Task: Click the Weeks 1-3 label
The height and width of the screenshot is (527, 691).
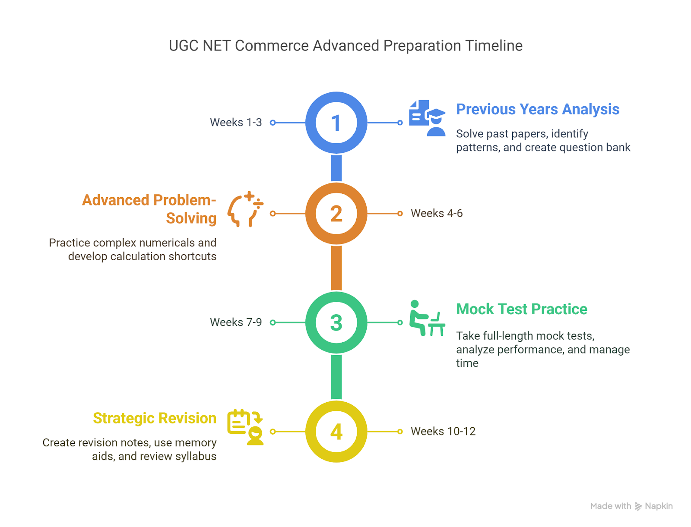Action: click(236, 123)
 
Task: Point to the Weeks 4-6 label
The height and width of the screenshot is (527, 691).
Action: click(437, 213)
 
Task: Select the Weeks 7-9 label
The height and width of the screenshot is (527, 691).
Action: click(236, 322)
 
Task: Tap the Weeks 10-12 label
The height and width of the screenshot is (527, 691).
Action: click(443, 431)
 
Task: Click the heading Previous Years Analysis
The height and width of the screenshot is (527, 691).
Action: click(538, 110)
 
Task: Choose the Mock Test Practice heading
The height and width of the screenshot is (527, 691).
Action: click(522, 309)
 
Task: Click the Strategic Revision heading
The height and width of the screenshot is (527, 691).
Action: click(155, 419)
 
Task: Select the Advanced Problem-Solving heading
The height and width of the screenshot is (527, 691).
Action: click(149, 209)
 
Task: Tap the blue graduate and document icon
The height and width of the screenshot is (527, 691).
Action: click(427, 118)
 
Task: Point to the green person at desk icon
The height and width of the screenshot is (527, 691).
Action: click(427, 318)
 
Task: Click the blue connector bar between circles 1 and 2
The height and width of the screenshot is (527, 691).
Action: click(336, 168)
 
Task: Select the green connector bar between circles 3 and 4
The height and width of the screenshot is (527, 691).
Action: click(336, 377)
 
